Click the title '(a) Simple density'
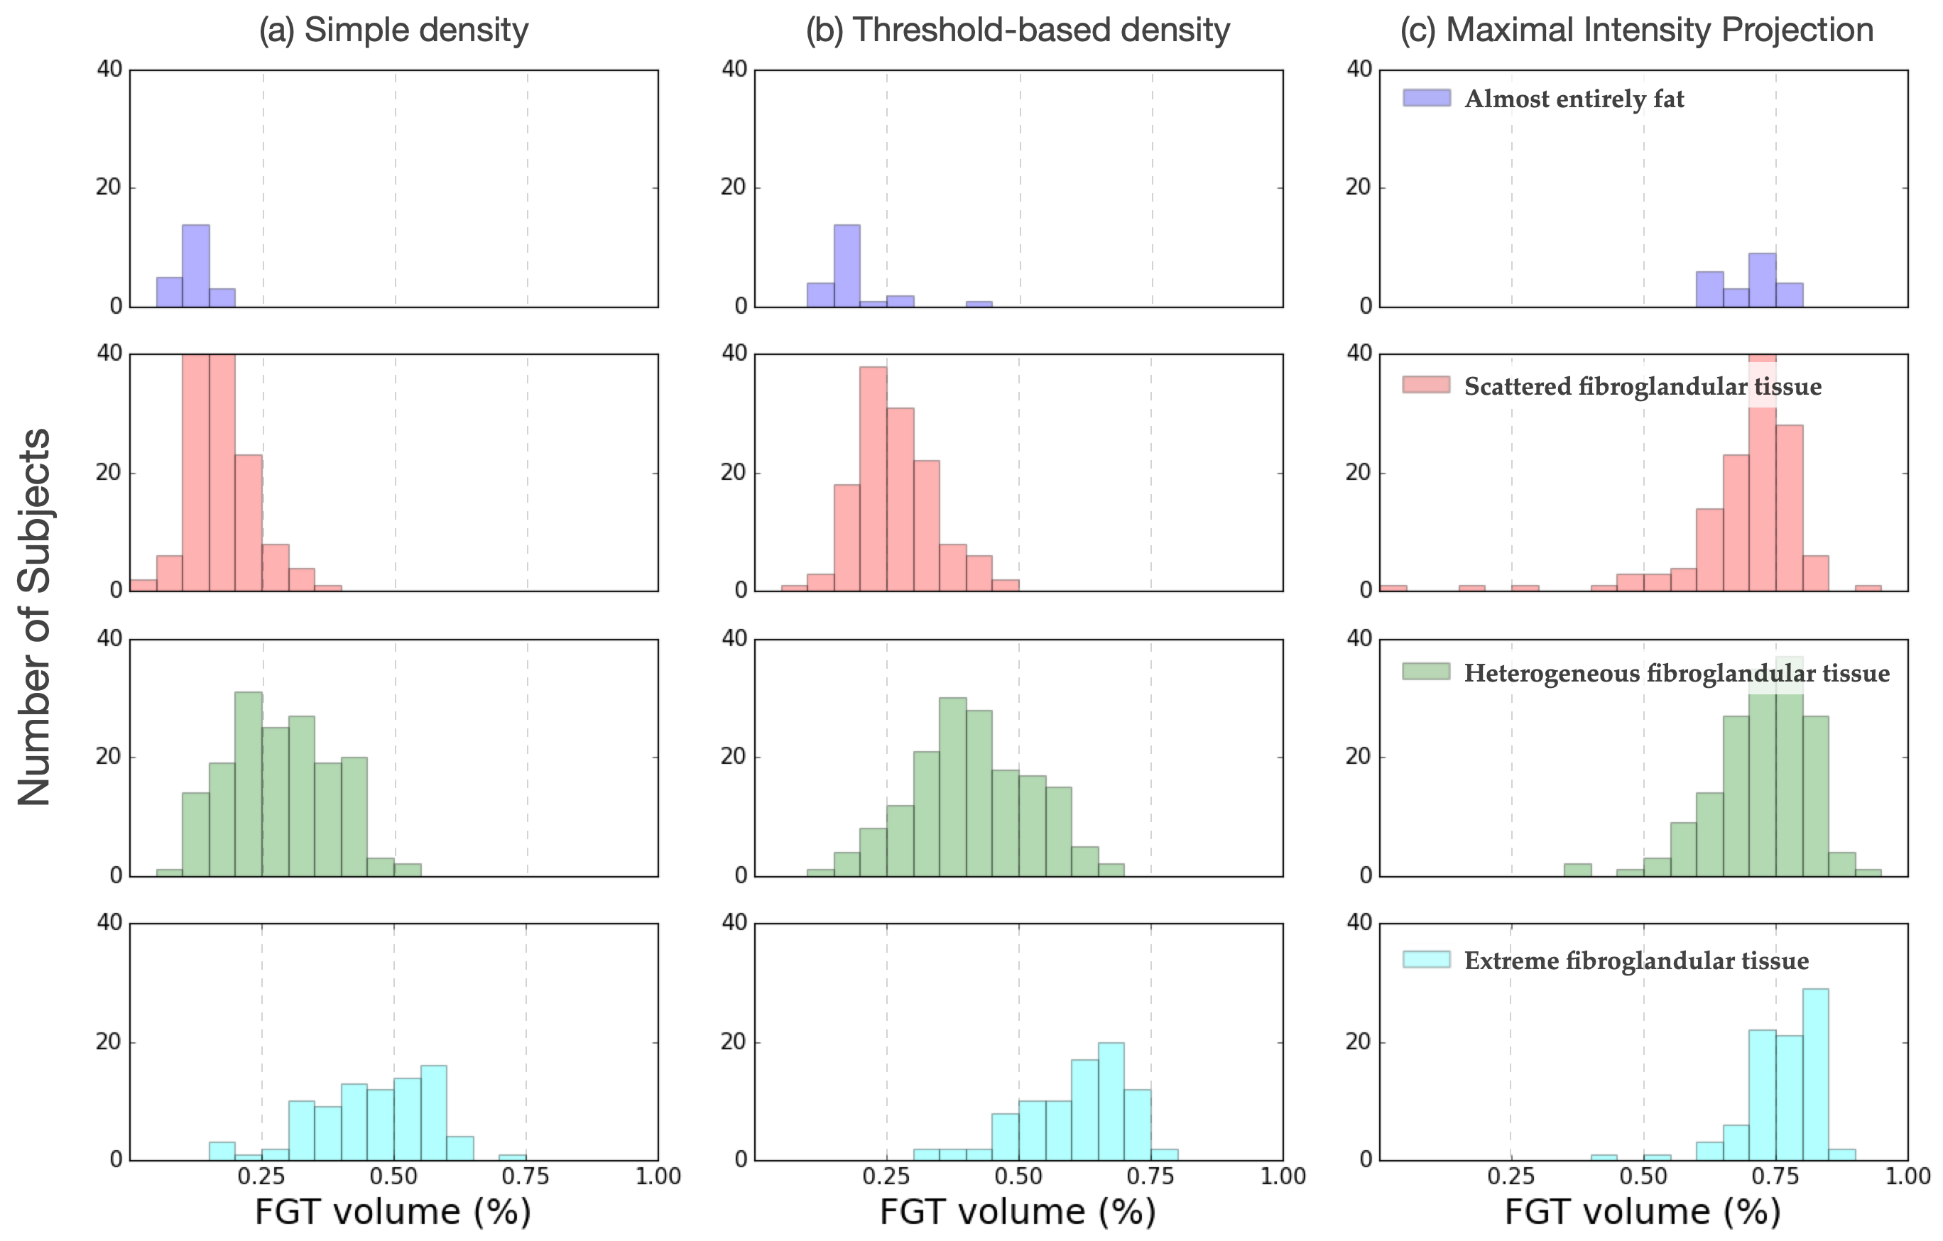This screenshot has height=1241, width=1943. [x=393, y=30]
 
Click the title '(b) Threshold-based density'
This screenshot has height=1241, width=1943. [x=1018, y=30]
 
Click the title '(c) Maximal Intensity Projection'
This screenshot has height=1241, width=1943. [x=1636, y=30]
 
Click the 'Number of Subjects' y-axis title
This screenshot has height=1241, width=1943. [x=35, y=617]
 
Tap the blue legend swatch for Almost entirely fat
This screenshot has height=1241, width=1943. [x=1427, y=99]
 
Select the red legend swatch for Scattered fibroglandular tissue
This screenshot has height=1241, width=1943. [x=1427, y=385]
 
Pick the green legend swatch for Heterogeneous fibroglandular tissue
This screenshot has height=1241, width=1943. [x=1427, y=672]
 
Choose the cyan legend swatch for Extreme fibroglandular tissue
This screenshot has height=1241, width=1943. [x=1427, y=959]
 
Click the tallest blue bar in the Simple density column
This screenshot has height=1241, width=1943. [x=195, y=266]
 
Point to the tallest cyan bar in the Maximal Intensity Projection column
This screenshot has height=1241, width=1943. [x=1815, y=1074]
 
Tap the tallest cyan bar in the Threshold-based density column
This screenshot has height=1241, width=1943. [x=1111, y=1101]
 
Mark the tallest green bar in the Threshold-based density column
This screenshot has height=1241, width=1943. [x=953, y=787]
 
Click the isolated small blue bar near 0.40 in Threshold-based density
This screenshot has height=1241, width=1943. [x=979, y=304]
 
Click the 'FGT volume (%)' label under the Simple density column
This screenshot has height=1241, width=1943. [x=393, y=1211]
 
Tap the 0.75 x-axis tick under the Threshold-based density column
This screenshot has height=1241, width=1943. [x=1150, y=1176]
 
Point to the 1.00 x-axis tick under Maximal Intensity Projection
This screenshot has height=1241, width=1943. [x=1907, y=1176]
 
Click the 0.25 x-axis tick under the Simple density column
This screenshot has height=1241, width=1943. [x=261, y=1176]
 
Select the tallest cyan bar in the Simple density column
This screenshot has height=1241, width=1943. [x=433, y=1112]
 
